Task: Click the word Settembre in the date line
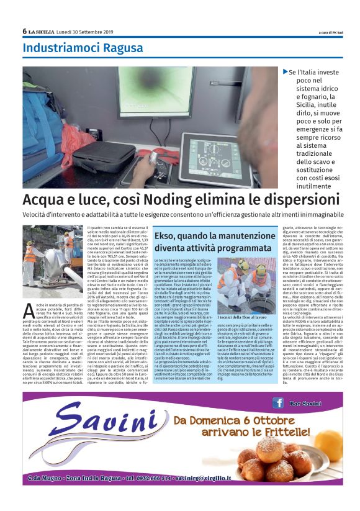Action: [88, 32]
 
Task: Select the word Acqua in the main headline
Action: [45, 201]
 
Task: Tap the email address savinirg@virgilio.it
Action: [199, 478]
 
